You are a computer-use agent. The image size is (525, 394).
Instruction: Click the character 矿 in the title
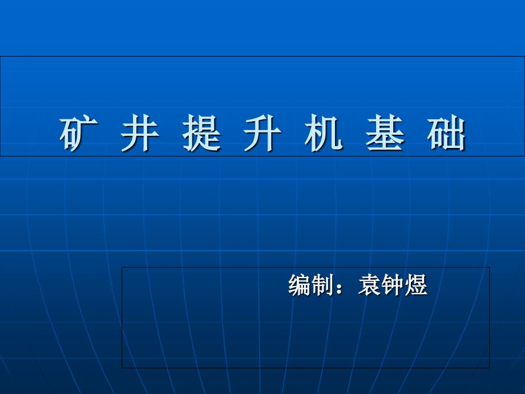coord(79,134)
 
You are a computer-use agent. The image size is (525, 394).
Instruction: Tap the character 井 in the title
coord(140,134)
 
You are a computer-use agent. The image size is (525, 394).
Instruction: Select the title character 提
coord(201,134)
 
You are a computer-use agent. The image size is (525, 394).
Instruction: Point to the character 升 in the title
coord(263,134)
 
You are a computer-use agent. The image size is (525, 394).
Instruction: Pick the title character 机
coord(324,134)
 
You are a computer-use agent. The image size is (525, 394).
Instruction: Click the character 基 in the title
coord(385,134)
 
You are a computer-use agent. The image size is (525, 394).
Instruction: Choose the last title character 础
coord(446,134)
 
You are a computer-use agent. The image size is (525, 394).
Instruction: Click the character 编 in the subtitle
coord(300,285)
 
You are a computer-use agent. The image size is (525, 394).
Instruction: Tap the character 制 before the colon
coord(322,285)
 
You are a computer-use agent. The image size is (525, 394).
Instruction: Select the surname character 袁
coord(370,285)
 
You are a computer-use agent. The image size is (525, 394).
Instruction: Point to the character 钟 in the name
coord(393,285)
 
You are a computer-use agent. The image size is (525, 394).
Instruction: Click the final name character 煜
coord(416,285)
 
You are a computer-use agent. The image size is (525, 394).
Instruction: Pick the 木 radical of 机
coord(313,134)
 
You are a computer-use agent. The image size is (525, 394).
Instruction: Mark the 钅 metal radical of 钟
coord(387,285)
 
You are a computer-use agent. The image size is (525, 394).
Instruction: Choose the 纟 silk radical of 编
coord(293,285)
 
